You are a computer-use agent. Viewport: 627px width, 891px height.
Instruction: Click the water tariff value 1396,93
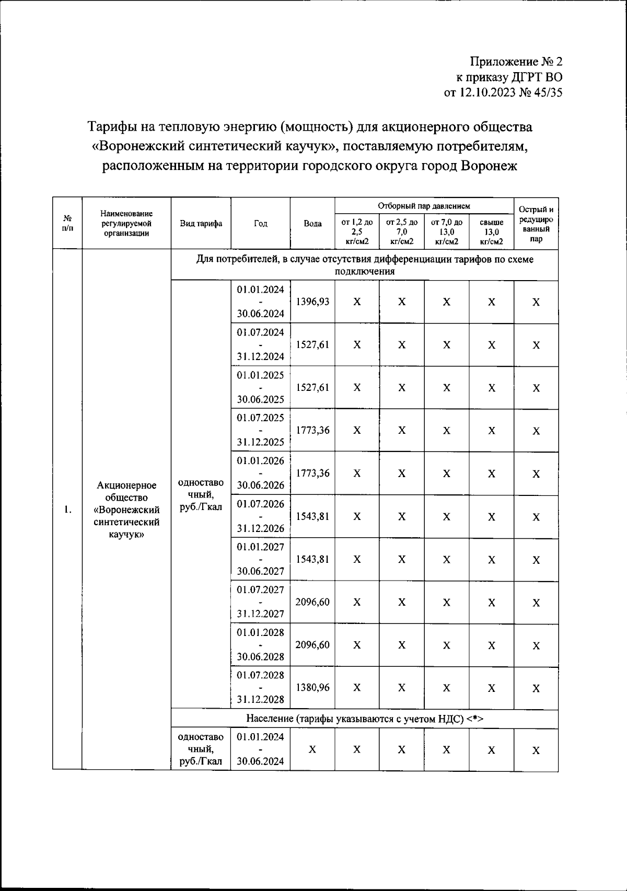(312, 302)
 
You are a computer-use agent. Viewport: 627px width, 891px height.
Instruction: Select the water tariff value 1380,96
(312, 687)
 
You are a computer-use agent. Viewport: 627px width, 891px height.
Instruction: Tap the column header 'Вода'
(312, 224)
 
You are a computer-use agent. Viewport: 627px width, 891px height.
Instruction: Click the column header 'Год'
(260, 224)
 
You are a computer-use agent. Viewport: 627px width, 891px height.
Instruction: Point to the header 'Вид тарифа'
(201, 224)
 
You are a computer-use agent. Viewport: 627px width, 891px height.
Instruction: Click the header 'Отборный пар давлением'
(424, 206)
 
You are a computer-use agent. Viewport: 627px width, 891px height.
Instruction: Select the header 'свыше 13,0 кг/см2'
(491, 232)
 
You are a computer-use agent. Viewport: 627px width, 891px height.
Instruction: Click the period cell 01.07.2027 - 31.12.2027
(260, 601)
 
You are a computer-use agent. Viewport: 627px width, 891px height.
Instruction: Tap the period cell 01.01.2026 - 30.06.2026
(260, 473)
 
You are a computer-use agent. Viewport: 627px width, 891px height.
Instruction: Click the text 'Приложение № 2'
(516, 62)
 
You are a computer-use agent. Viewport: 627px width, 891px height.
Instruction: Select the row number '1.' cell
(67, 510)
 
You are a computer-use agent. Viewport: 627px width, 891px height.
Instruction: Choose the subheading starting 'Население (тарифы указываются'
(364, 719)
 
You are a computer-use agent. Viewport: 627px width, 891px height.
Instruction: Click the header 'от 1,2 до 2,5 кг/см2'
(357, 232)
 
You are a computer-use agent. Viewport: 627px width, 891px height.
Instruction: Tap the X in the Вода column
(312, 749)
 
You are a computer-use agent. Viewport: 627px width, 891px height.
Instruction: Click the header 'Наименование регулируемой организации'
(126, 224)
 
